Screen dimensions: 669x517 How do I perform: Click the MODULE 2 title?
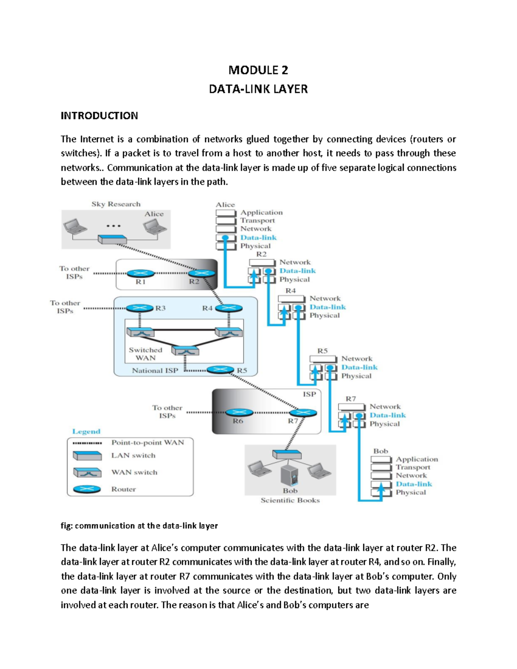click(x=258, y=70)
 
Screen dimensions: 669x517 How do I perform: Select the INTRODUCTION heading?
click(x=99, y=115)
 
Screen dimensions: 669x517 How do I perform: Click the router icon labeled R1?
click(x=140, y=273)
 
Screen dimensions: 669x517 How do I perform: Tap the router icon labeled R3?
click(x=140, y=308)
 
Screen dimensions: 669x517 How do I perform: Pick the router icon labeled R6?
click(x=239, y=412)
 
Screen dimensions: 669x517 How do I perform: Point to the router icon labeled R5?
click(x=220, y=370)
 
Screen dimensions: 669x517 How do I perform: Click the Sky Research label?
click(x=115, y=204)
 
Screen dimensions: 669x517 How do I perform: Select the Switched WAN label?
click(x=146, y=354)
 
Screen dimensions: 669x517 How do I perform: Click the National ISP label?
click(x=155, y=370)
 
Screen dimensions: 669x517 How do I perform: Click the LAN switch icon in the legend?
click(x=87, y=456)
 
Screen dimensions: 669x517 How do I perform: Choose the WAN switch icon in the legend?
click(x=87, y=473)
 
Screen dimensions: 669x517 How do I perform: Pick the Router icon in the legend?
click(x=87, y=489)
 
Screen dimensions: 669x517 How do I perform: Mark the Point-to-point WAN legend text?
click(x=147, y=442)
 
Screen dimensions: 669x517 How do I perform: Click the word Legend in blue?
click(x=86, y=431)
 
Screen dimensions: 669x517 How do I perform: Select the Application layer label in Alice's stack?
click(x=262, y=212)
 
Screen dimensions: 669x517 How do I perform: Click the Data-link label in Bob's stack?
click(x=414, y=484)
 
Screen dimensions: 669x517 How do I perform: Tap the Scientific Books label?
click(x=290, y=500)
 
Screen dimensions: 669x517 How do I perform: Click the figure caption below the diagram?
click(x=139, y=526)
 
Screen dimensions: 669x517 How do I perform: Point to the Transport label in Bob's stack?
click(x=413, y=467)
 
